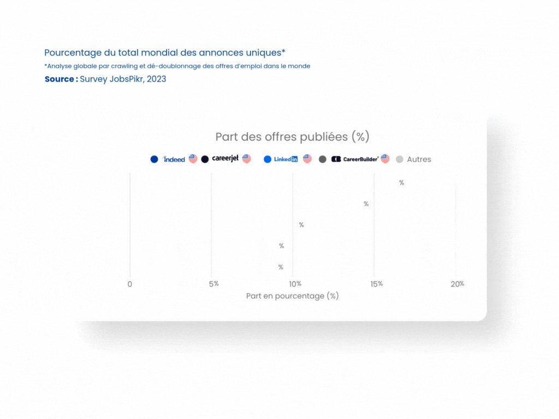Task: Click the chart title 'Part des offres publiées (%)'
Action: pos(293,137)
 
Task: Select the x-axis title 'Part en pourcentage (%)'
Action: pos(293,296)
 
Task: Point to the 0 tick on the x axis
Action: pos(130,284)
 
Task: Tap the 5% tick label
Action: pos(214,284)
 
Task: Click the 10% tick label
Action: pos(295,284)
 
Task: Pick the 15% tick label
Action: pos(377,284)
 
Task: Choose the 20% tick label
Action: pos(457,284)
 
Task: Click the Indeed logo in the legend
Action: pos(174,159)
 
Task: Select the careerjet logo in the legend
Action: pos(225,158)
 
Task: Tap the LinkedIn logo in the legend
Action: pos(286,159)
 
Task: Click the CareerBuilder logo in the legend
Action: pos(355,159)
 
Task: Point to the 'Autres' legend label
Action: pos(419,159)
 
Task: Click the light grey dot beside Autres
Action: pos(400,159)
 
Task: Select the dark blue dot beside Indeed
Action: pos(154,159)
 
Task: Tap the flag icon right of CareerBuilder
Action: pos(385,159)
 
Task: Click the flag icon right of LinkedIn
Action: pos(307,159)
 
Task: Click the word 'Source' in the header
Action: pos(59,79)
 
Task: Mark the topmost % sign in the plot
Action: pos(401,183)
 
